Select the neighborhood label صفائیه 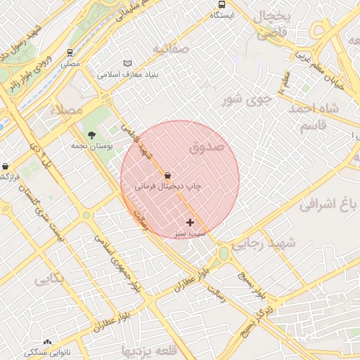coord(172,49)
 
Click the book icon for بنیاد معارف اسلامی coord(127,63)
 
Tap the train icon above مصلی coord(70,53)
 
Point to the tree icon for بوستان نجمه coord(91,134)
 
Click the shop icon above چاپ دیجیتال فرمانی coord(167,175)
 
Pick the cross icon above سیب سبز coord(190,222)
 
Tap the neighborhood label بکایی coord(50,279)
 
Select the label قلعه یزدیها coord(147,349)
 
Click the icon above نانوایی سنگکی coord(47,342)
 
